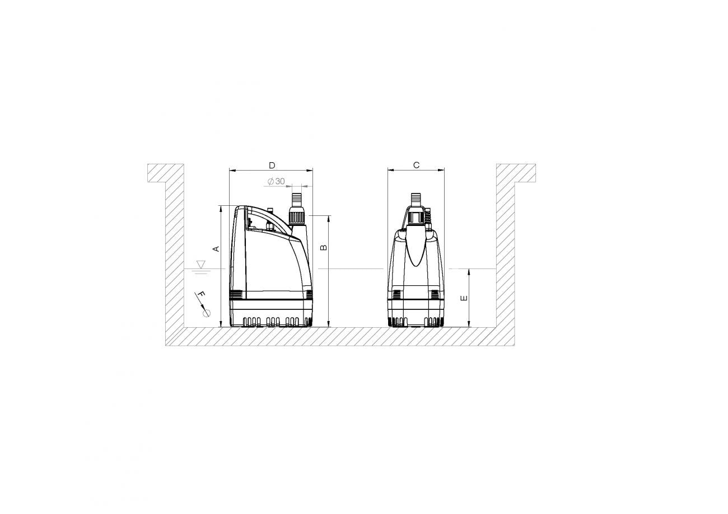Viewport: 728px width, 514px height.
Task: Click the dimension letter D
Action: tap(272, 166)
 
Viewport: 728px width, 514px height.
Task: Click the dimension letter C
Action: tap(416, 166)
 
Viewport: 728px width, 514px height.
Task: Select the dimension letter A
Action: tap(216, 249)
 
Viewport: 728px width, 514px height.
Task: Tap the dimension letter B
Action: tap(324, 248)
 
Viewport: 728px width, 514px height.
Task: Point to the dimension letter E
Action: tap(464, 298)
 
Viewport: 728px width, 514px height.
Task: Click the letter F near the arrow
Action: tap(202, 295)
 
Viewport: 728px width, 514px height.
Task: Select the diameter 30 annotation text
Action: tap(276, 181)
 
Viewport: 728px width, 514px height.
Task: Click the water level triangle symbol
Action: tap(202, 264)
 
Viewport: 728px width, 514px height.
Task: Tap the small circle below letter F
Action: tap(207, 313)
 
